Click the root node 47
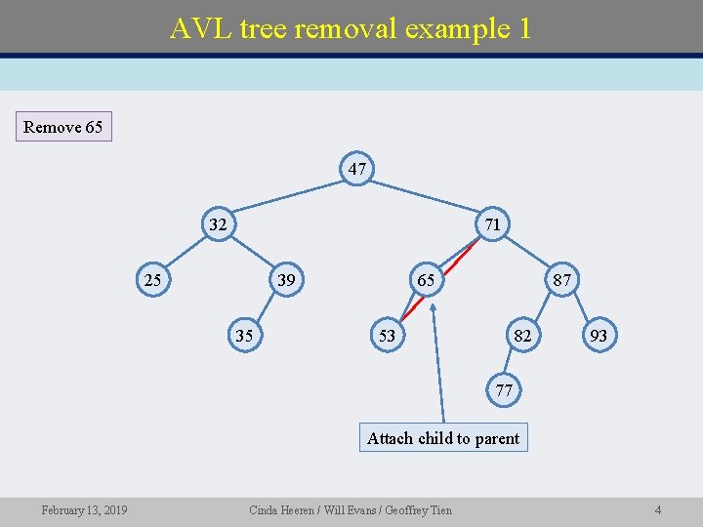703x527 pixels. (357, 169)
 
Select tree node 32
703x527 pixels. (218, 224)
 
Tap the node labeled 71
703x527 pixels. (493, 224)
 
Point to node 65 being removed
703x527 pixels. (427, 280)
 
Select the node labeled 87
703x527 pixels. (562, 280)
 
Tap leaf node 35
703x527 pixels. (245, 336)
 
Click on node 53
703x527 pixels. (388, 336)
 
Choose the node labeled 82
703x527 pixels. (523, 336)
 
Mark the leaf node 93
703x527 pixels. (600, 336)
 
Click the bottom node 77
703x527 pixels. (504, 390)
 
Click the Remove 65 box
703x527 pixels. (62, 127)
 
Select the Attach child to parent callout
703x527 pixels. (443, 438)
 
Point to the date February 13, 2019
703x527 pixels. (83, 510)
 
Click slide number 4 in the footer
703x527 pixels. (658, 510)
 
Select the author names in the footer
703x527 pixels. (351, 510)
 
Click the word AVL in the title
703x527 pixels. (194, 28)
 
